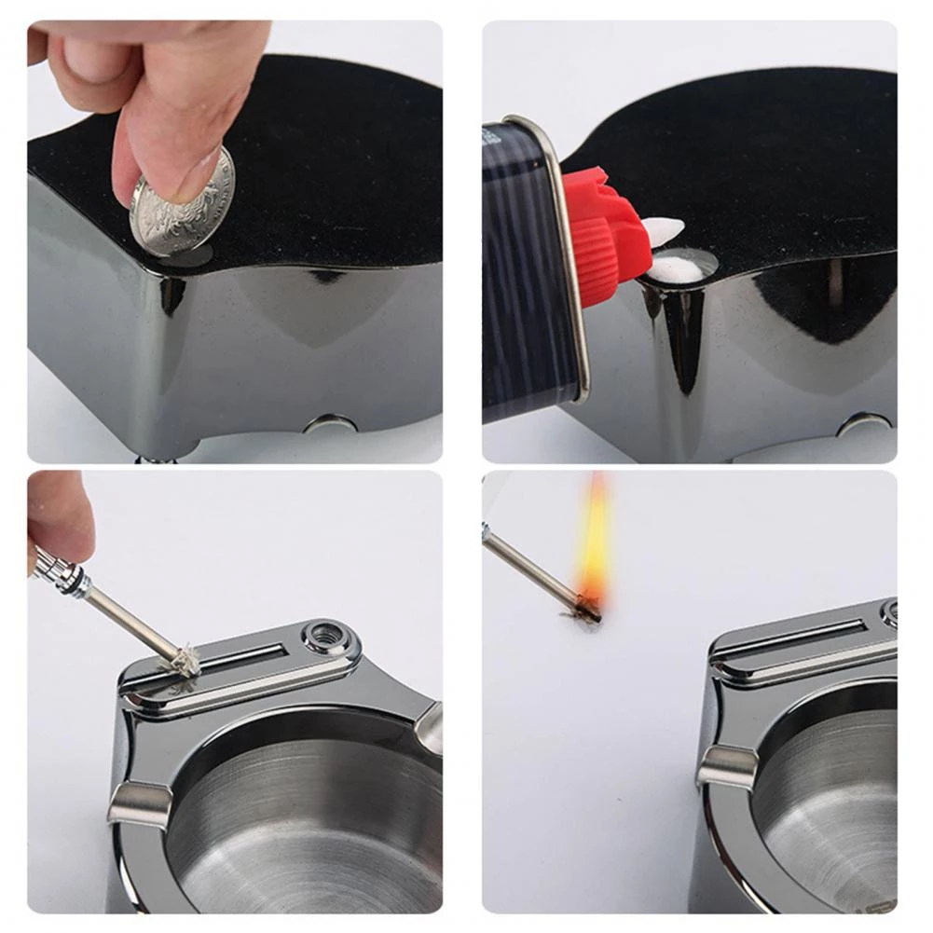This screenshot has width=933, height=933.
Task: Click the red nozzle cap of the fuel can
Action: pyautogui.click(x=604, y=233)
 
